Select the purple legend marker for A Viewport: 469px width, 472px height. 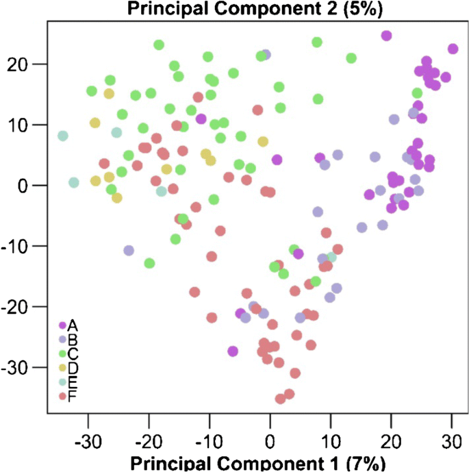(62, 325)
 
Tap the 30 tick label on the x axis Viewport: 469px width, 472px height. (451, 438)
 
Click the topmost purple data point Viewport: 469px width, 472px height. (386, 36)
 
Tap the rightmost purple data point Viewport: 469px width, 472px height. (453, 49)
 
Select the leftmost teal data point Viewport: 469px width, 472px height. (63, 136)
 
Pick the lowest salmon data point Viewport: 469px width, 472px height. (280, 399)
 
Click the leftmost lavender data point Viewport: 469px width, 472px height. (129, 251)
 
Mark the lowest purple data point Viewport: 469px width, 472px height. (233, 351)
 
